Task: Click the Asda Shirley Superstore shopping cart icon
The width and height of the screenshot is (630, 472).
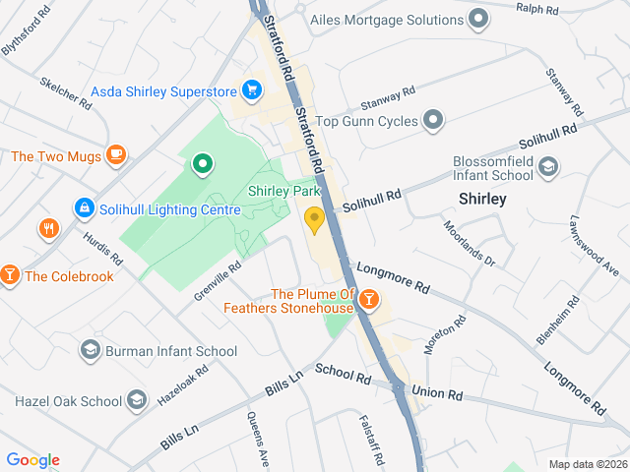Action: [x=252, y=91]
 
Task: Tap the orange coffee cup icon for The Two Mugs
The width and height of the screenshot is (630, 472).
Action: [x=116, y=154]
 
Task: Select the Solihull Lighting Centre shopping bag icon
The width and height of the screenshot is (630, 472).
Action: [x=85, y=208]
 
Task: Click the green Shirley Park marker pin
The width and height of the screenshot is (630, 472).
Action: [x=202, y=163]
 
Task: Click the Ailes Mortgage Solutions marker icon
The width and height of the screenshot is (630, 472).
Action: [x=478, y=19]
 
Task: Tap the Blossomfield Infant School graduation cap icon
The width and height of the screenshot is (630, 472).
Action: [x=548, y=170]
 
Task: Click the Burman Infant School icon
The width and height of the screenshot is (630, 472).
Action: [x=91, y=350]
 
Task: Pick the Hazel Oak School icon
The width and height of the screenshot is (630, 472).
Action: [x=136, y=400]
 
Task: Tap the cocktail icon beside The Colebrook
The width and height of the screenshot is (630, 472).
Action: [x=10, y=275]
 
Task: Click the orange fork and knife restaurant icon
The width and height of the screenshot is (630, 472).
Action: [x=48, y=230]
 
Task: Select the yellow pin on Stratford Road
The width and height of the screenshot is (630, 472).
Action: [x=315, y=219]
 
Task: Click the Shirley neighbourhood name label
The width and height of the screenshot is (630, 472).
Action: [x=482, y=199]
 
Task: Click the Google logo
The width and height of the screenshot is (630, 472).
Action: [x=32, y=459]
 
